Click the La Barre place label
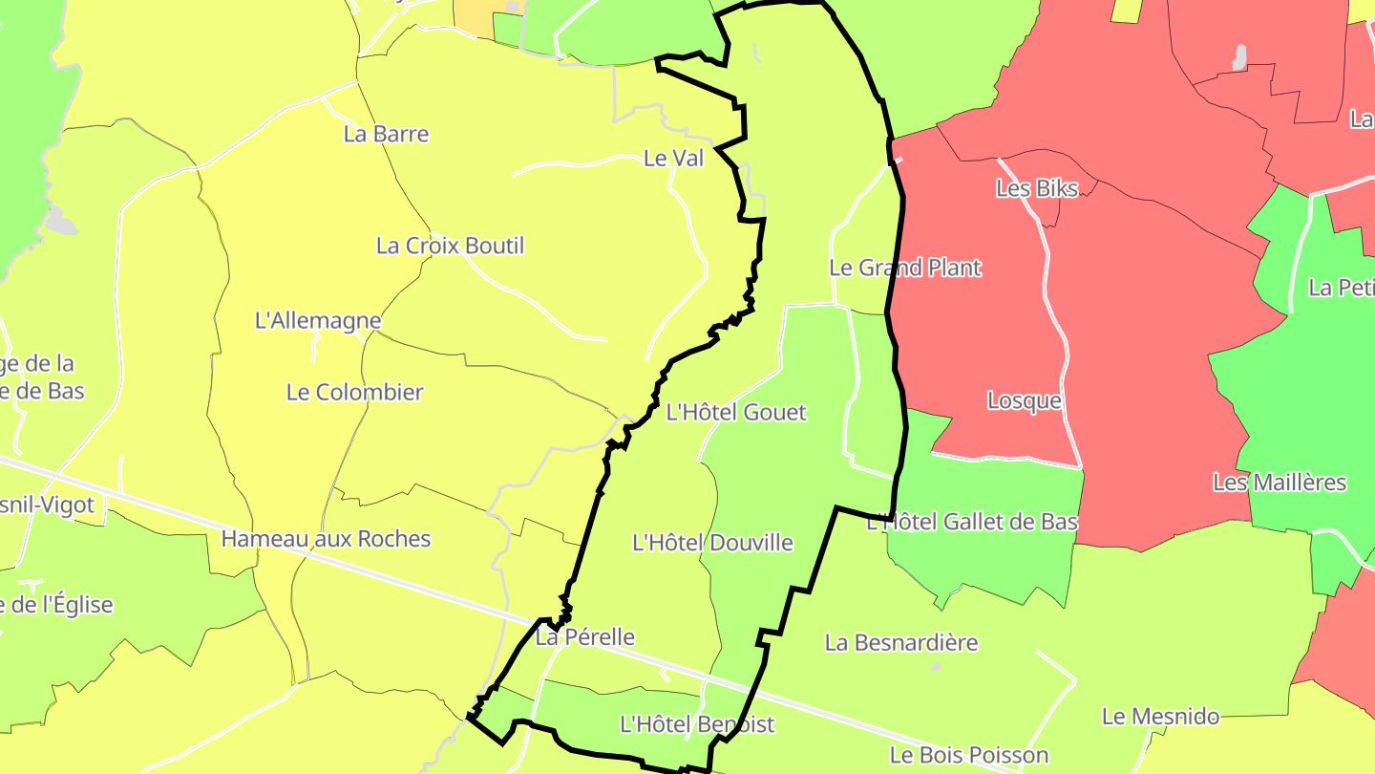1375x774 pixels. point(386,134)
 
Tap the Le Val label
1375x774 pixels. point(673,159)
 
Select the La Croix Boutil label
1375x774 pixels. point(450,246)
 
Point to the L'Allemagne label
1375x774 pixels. point(318,321)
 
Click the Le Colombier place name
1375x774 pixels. point(354,392)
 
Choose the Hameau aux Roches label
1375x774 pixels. point(326,539)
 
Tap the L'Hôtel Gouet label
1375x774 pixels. point(735,413)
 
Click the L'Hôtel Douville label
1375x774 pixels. point(712,543)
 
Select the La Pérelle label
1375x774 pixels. point(584,636)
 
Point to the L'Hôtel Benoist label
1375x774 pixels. point(697,724)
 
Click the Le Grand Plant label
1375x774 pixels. point(904,268)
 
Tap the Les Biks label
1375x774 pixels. point(1036,188)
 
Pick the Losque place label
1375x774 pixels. point(1024,400)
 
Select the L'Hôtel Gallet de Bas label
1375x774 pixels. point(972,522)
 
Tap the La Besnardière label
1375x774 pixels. point(900,642)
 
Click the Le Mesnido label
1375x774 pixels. point(1160,716)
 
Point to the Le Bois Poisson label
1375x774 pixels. point(968,755)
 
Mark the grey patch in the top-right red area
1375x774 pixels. point(1239,57)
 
